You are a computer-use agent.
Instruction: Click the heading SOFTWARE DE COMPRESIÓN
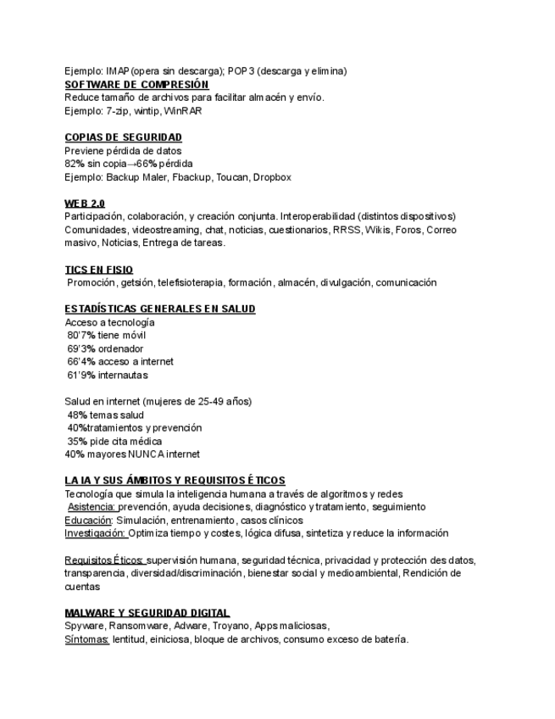136,85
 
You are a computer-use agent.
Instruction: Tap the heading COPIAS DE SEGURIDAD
124,137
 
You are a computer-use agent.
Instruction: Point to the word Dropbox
272,177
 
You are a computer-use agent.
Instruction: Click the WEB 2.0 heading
85,203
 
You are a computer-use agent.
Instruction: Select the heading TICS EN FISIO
99,270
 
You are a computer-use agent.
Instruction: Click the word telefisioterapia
201,283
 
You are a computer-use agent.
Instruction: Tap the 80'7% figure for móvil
80,336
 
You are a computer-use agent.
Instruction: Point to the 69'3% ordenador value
80,348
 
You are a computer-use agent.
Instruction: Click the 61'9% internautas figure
80,375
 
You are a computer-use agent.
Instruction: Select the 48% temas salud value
77,415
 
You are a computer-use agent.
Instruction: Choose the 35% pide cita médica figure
77,442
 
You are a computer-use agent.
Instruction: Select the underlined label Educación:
89,520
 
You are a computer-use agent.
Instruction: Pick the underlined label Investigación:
96,533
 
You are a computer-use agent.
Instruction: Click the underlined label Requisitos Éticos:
104,560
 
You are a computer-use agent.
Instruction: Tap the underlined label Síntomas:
86,639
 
